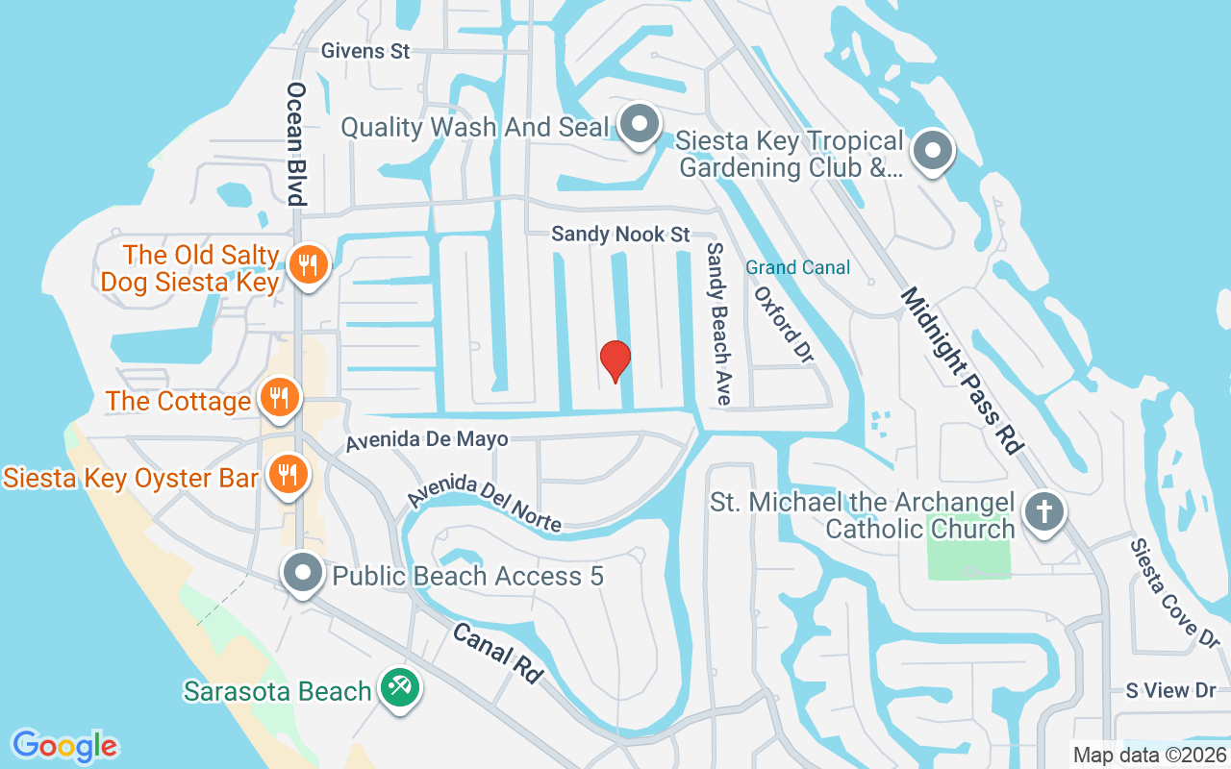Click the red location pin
coord(615,361)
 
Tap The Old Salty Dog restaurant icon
coord(308,264)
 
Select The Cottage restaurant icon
coord(280,398)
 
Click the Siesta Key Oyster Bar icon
coord(286,475)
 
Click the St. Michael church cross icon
coord(1043,510)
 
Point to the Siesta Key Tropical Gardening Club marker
coord(931,152)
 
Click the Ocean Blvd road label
coord(296,143)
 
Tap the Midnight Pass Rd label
coord(959,370)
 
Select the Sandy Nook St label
coord(621,235)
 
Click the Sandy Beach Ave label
coord(716,322)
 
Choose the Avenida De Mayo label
coord(427,440)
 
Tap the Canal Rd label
coord(496,653)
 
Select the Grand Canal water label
coord(797,267)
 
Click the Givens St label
coord(365,51)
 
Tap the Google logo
coord(65,746)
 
